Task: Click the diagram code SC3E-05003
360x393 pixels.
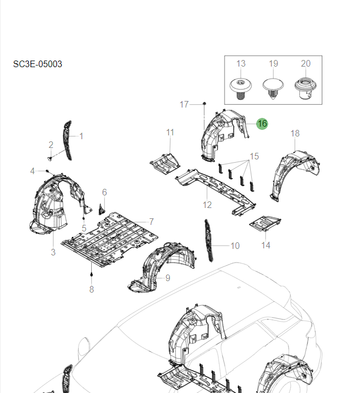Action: click(38, 64)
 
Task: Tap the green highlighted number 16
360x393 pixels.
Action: click(262, 124)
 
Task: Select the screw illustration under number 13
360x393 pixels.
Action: click(240, 87)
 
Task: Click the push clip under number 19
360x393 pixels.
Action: click(273, 87)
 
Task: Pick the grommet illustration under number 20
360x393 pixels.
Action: click(305, 87)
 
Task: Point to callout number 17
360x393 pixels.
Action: click(184, 104)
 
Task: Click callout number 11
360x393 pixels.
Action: click(170, 132)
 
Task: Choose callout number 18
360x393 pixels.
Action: click(295, 133)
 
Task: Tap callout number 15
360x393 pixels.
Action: click(254, 157)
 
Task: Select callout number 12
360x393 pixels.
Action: click(207, 205)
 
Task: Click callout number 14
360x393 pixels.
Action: click(265, 246)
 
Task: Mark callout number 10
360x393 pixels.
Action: click(235, 246)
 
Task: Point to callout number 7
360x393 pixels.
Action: click(151, 222)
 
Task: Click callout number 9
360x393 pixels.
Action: click(168, 278)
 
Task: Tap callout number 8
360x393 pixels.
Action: click(91, 289)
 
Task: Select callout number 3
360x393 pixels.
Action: click(53, 252)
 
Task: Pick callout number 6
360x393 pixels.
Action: click(104, 192)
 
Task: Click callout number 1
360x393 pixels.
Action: click(81, 136)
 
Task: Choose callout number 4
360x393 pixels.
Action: click(32, 171)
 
